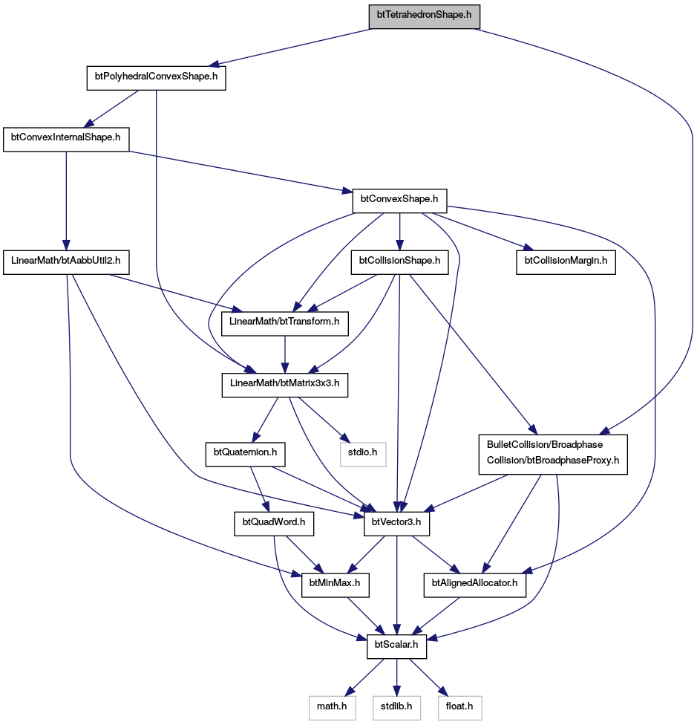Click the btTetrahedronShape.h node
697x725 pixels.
point(424,16)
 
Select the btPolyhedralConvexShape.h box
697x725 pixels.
point(156,78)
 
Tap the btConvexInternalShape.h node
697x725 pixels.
point(65,140)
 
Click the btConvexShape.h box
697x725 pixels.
point(399,201)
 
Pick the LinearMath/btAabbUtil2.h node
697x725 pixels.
point(65,263)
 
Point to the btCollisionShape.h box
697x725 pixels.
point(399,263)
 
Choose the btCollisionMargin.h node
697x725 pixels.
point(566,263)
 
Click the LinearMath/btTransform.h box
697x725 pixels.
point(284,324)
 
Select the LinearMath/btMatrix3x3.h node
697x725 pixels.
point(284,385)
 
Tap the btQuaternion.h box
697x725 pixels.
point(245,454)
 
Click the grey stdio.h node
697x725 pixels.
point(362,454)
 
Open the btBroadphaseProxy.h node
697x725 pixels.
point(553,454)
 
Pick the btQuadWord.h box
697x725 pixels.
point(274,524)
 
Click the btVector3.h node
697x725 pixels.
point(396,524)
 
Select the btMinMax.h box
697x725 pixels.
point(335,585)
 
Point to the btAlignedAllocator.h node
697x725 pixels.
point(475,585)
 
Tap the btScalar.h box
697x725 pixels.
point(396,646)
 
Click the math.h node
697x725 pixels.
point(332,708)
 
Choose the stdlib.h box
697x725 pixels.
point(396,708)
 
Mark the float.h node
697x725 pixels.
point(459,708)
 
